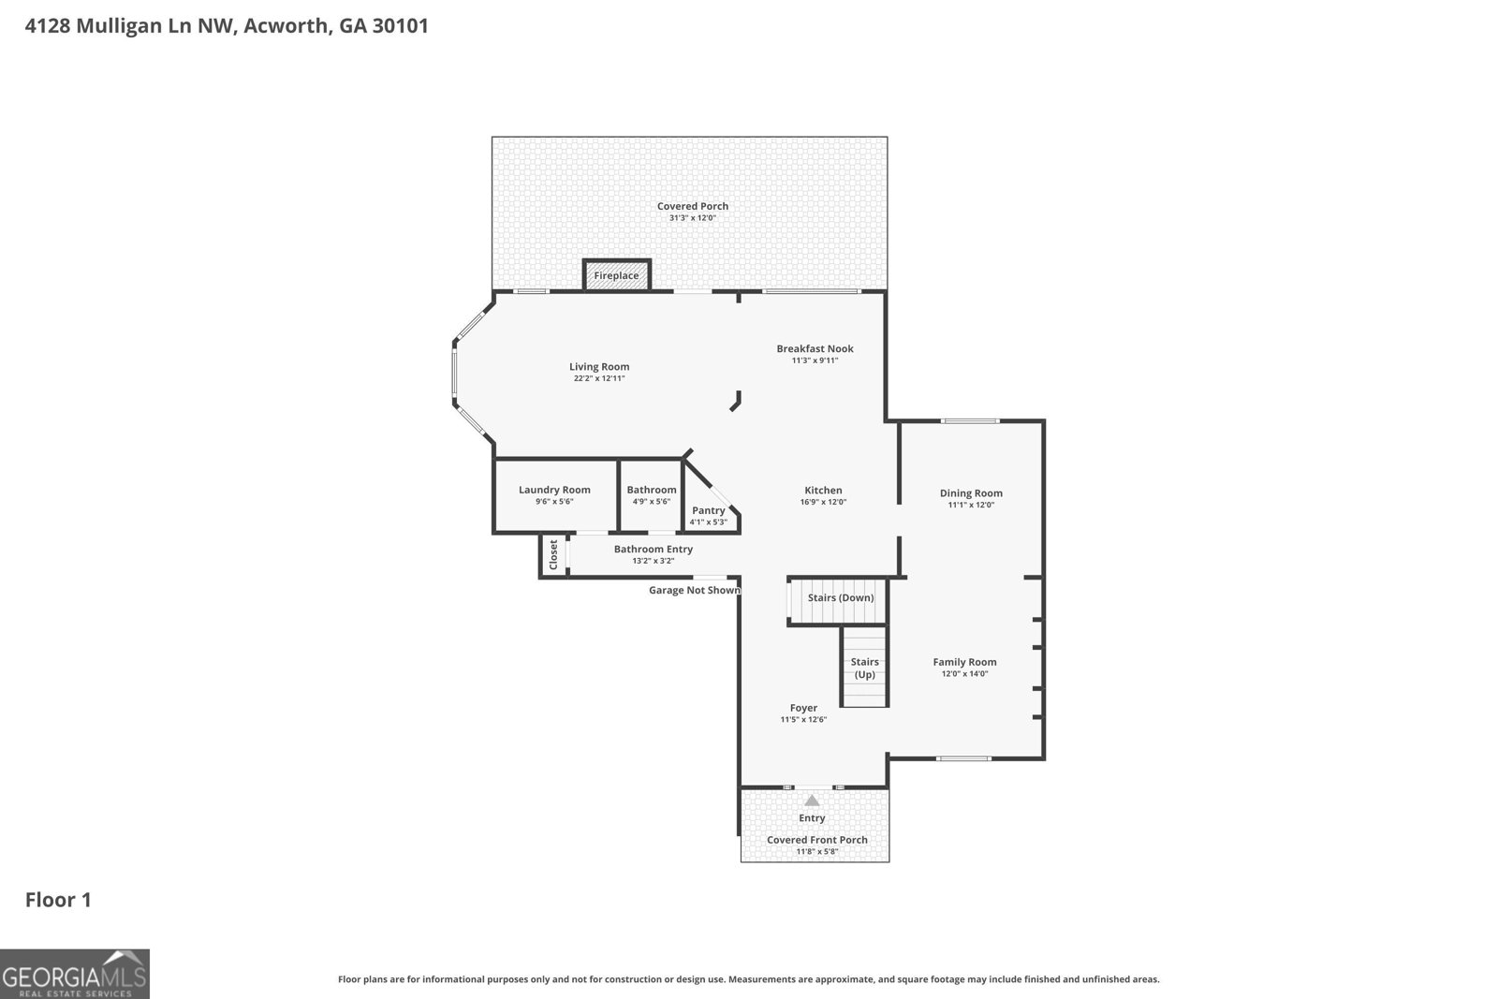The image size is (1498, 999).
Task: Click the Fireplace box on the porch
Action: (617, 275)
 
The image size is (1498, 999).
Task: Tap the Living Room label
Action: (599, 366)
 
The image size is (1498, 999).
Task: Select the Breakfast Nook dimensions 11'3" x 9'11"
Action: (815, 360)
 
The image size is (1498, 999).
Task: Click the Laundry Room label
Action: (554, 490)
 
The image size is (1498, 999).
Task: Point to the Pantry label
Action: (708, 510)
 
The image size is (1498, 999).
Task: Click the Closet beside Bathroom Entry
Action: (553, 554)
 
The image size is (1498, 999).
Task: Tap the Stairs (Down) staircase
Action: (839, 600)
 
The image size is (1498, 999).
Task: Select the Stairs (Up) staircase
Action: (864, 666)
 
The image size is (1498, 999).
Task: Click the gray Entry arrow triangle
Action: (811, 801)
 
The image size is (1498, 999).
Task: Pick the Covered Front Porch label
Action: (816, 840)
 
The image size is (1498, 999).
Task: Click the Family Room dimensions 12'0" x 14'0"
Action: (964, 674)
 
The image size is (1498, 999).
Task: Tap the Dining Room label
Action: (971, 492)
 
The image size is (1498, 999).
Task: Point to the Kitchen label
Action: (823, 491)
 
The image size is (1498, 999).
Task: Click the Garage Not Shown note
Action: (695, 590)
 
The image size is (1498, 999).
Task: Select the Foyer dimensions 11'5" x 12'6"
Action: (803, 719)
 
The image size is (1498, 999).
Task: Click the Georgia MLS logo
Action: (74, 974)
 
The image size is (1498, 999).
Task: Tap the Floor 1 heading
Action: (58, 900)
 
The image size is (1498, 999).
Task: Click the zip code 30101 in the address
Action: (400, 25)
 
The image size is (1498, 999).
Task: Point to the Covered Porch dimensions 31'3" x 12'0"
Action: (692, 218)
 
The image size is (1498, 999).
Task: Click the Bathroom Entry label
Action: (654, 549)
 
